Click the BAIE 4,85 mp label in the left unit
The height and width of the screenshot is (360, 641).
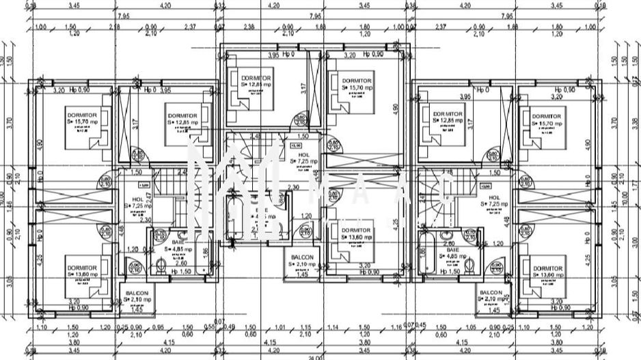click(x=178, y=246)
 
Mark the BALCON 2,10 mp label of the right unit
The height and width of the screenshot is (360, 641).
click(x=492, y=296)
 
